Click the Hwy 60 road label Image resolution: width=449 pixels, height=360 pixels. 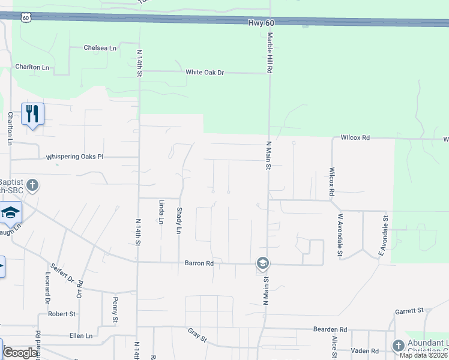pyautogui.click(x=261, y=23)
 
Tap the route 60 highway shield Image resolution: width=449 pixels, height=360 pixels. pyautogui.click(x=25, y=18)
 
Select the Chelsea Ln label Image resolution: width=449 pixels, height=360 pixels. pyautogui.click(x=100, y=47)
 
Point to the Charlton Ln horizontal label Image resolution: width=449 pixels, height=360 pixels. pyautogui.click(x=32, y=68)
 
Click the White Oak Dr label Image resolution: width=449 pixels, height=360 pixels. pyautogui.click(x=205, y=73)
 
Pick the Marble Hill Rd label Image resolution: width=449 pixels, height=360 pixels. pyautogui.click(x=270, y=53)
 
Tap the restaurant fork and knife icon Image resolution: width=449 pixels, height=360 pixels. pyautogui.click(x=32, y=113)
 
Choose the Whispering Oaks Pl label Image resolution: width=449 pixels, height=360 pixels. pyautogui.click(x=75, y=157)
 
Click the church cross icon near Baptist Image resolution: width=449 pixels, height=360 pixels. pyautogui.click(x=32, y=185)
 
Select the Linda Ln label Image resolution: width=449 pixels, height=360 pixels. pyautogui.click(x=161, y=212)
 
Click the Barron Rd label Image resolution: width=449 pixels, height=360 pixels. pyautogui.click(x=199, y=263)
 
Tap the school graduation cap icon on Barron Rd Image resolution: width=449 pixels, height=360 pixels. pyautogui.click(x=262, y=263)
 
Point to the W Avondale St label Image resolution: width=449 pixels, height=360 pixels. pyautogui.click(x=340, y=236)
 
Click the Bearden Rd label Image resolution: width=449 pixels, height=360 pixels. pyautogui.click(x=330, y=329)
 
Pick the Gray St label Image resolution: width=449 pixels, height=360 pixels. pyautogui.click(x=197, y=335)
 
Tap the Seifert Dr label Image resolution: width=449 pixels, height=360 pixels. pyautogui.click(x=61, y=274)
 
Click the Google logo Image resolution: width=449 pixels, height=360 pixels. pyautogui.click(x=20, y=353)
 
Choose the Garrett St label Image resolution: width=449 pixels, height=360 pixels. pyautogui.click(x=409, y=311)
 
